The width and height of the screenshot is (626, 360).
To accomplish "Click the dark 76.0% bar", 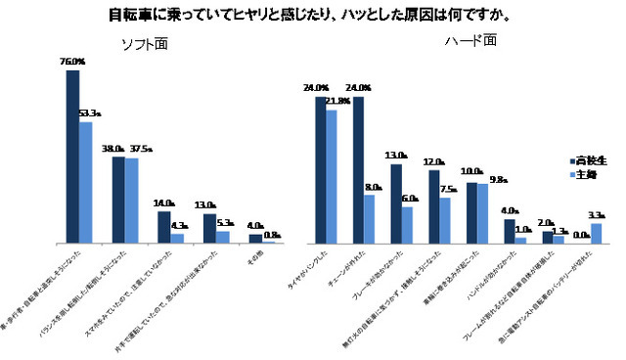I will click(x=72, y=157).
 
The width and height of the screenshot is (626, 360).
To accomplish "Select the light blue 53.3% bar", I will click(x=85, y=182).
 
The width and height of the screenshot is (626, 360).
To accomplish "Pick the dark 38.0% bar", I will click(x=118, y=200).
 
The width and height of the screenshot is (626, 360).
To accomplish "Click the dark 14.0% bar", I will click(x=164, y=226).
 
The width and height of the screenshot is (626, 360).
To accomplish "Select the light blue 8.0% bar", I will click(x=370, y=219).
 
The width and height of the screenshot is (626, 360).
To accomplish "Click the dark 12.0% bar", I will click(x=433, y=206).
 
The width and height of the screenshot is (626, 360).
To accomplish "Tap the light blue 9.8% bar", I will click(x=483, y=213).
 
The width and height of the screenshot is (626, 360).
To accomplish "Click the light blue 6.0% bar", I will click(x=408, y=225).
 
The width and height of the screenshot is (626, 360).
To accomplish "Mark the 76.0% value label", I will click(x=72, y=62).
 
